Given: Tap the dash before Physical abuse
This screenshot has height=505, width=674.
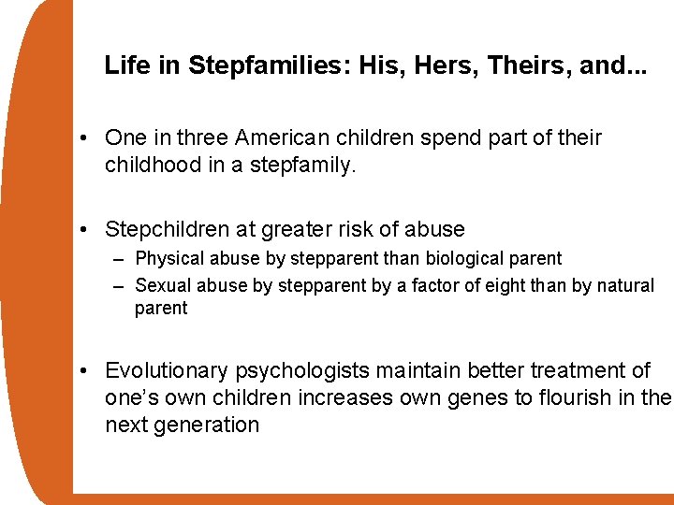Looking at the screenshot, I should [118, 259].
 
